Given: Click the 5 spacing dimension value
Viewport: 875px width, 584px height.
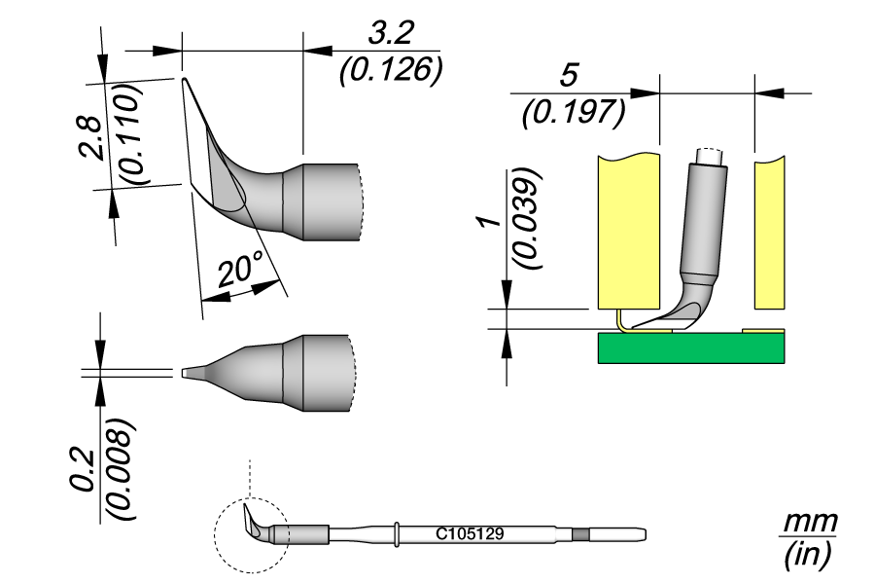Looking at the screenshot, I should point(573,76).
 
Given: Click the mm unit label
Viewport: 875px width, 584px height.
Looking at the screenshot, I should point(809,521).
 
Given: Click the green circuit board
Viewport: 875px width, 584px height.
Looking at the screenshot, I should point(690,348).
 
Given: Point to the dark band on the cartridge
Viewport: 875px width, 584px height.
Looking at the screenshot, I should point(581,534).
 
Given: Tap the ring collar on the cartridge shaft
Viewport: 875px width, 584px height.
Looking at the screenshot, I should point(398,534).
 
